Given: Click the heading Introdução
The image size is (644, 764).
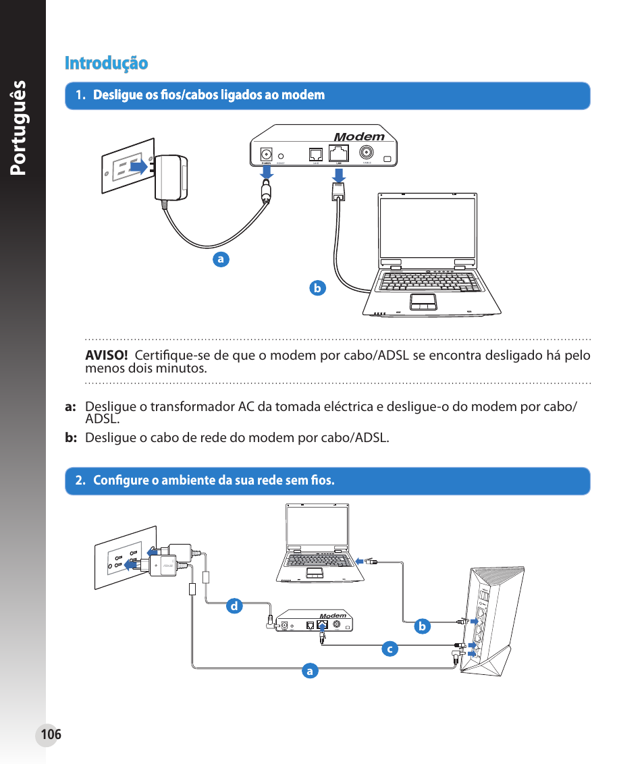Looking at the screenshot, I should pyautogui.click(x=106, y=63).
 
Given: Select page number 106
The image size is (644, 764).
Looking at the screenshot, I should pyautogui.click(x=50, y=734).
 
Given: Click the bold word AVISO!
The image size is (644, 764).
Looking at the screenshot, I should pyautogui.click(x=106, y=356).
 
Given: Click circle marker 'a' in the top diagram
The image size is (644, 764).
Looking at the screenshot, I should pyautogui.click(x=219, y=258).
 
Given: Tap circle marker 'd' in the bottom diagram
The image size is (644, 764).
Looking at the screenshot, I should pyautogui.click(x=234, y=606).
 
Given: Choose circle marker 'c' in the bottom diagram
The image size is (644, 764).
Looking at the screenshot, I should pyautogui.click(x=388, y=649).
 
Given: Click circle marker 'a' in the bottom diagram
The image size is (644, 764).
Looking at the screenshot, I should pyautogui.click(x=309, y=671).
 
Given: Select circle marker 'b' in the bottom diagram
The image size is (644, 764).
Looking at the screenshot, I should pyautogui.click(x=422, y=626).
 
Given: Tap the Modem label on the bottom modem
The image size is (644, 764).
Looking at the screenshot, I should pyautogui.click(x=333, y=616).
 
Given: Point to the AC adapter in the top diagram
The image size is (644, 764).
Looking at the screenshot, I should pyautogui.click(x=171, y=178).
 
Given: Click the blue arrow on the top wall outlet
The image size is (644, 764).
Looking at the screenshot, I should pyautogui.click(x=138, y=167).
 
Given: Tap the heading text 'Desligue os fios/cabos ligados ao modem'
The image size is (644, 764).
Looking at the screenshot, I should pyautogui.click(x=209, y=95).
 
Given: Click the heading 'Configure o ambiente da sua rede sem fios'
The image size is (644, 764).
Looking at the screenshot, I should pyautogui.click(x=213, y=481).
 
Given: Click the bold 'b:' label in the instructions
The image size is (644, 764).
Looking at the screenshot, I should pyautogui.click(x=71, y=438).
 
